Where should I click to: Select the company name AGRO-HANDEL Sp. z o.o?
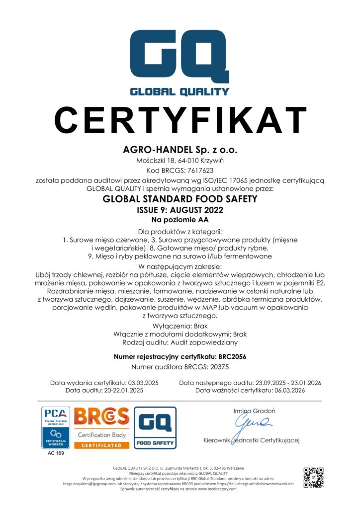180,150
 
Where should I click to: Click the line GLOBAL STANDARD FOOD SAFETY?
180,200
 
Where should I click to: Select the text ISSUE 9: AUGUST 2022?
180,210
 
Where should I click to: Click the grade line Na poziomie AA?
180,219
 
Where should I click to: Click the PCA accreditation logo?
56,427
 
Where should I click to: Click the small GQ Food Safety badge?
155,427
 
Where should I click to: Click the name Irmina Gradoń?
254,411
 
